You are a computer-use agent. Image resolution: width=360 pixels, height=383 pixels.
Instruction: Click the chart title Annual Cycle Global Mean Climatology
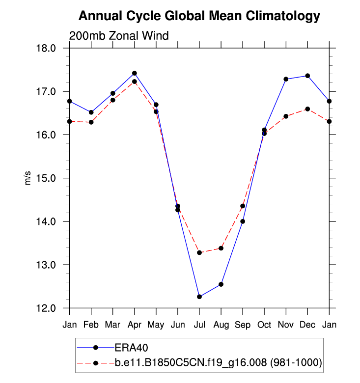(199, 16)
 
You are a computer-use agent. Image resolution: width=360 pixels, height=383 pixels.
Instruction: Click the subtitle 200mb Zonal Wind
(119, 36)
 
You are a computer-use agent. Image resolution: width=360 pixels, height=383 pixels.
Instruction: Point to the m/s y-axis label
(28, 178)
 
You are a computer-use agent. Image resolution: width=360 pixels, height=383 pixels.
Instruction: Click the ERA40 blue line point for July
(199, 297)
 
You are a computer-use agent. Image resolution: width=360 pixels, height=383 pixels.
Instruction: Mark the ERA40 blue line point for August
(221, 284)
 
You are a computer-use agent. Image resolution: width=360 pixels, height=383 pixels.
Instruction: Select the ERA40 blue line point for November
(286, 79)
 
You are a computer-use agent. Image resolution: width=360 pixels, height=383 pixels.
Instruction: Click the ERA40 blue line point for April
(135, 73)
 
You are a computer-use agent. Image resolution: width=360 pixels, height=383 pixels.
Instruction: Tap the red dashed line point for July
(199, 252)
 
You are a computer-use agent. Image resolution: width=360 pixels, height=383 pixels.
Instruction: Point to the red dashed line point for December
(307, 109)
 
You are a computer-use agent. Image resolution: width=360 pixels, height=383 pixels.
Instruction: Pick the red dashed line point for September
(243, 206)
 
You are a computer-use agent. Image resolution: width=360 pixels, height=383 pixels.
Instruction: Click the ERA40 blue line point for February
(91, 112)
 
